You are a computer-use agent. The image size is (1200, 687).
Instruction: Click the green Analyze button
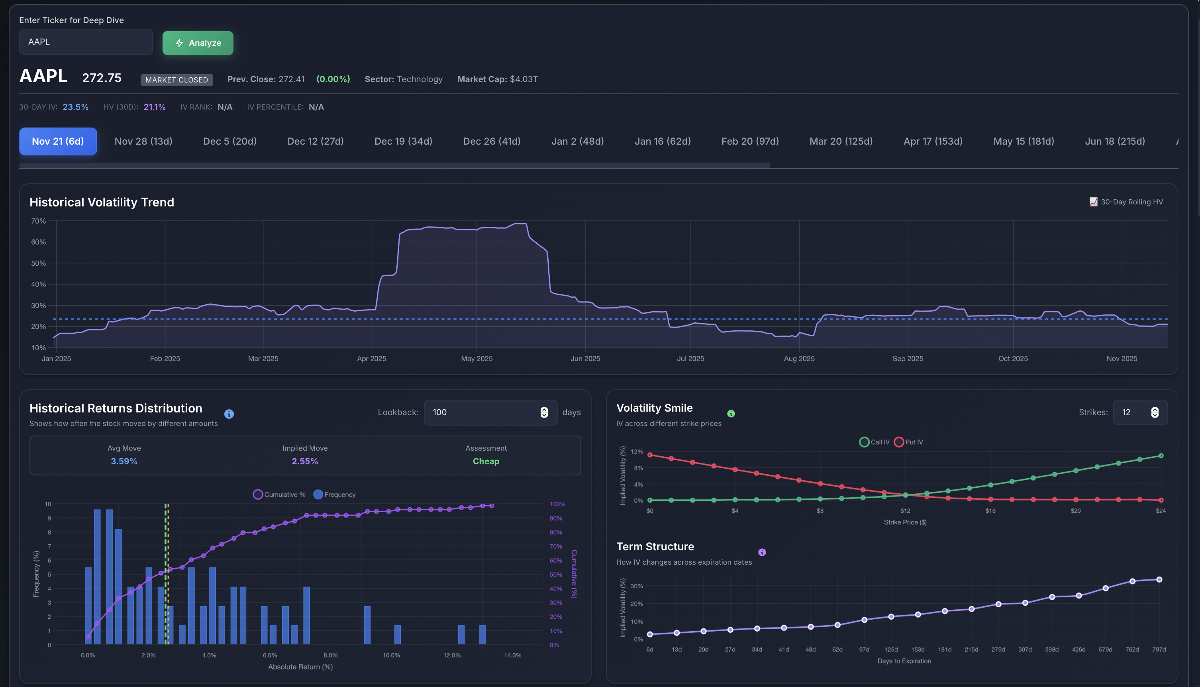pyautogui.click(x=198, y=43)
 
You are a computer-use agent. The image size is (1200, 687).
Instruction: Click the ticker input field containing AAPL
pyautogui.click(x=85, y=41)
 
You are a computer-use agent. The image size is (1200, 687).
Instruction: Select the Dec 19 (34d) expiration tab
pyautogui.click(x=403, y=141)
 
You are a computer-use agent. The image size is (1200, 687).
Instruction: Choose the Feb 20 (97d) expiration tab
pyautogui.click(x=749, y=141)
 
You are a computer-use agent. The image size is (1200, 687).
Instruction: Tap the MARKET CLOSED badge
pyautogui.click(x=176, y=80)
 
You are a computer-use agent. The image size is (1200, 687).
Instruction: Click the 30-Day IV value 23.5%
pyautogui.click(x=75, y=107)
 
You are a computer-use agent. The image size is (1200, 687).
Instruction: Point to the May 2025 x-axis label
pyautogui.click(x=476, y=359)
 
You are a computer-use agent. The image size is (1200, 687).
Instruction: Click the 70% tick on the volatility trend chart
pyautogui.click(x=39, y=221)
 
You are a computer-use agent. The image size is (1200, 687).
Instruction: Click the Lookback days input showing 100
pyautogui.click(x=481, y=412)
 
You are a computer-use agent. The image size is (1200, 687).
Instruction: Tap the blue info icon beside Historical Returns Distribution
pyautogui.click(x=229, y=414)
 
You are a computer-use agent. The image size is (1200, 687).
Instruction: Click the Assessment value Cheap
pyautogui.click(x=485, y=461)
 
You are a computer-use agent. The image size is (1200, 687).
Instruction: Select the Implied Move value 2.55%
pyautogui.click(x=305, y=461)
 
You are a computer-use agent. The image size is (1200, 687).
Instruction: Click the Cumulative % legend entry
pyautogui.click(x=279, y=495)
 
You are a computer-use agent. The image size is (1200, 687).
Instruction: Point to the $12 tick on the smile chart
pyautogui.click(x=905, y=510)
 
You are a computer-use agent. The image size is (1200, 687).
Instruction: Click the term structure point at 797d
pyautogui.click(x=1159, y=579)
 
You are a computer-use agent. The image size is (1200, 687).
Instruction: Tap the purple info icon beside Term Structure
pyautogui.click(x=762, y=552)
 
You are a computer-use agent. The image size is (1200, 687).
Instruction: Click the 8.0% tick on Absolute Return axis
pyautogui.click(x=330, y=656)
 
